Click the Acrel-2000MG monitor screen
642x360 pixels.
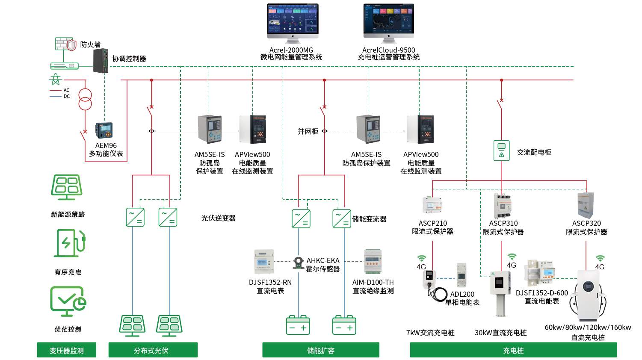(x=293, y=19)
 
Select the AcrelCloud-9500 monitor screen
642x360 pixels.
(x=389, y=19)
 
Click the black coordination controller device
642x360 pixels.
(x=101, y=61)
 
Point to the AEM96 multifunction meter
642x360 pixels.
(x=104, y=130)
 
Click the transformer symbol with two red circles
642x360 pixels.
(x=85, y=99)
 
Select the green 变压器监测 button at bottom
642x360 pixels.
(x=66, y=350)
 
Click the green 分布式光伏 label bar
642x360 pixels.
(x=153, y=350)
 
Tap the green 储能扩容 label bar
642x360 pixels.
(x=320, y=350)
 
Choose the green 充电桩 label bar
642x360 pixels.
(x=513, y=350)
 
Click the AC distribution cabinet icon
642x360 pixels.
(x=502, y=150)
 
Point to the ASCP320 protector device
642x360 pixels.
(x=586, y=205)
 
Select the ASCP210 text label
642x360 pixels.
(x=432, y=223)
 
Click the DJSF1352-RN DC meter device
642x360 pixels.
(x=264, y=261)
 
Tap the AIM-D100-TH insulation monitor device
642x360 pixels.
(x=373, y=261)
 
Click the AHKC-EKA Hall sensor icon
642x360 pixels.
(x=299, y=262)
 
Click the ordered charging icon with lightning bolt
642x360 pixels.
(x=69, y=243)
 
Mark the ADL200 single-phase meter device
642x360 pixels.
(x=462, y=275)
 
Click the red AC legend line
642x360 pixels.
(x=56, y=90)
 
